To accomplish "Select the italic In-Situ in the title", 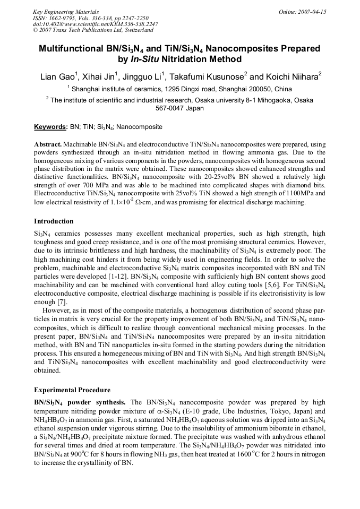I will [x=144, y=59].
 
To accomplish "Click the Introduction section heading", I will [x=54, y=221].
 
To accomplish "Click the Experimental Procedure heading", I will [x=72, y=390].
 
